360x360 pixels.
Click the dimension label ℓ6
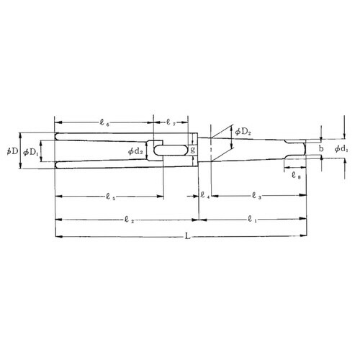coord(106,123)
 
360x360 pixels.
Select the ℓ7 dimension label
coord(172,123)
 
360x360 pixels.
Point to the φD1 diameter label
coord(31,152)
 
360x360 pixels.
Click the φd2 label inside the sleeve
coord(136,151)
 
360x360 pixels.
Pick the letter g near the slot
coord(192,150)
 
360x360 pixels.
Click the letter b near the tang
coord(321,149)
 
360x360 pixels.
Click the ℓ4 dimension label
coord(205,196)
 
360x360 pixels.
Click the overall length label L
coord(188,235)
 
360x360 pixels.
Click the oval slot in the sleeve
coord(174,150)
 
